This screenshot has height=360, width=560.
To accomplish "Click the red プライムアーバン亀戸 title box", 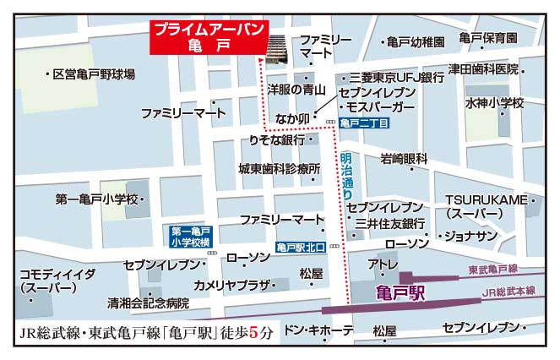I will tap(209, 38).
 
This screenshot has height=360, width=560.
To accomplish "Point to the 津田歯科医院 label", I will tap(484, 68).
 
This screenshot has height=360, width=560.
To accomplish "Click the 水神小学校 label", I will tap(494, 103).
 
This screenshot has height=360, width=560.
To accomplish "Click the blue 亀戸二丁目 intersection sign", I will tap(366, 124).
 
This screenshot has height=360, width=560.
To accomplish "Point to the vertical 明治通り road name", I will tap(346, 175).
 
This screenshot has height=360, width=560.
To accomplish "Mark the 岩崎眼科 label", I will tap(404, 158).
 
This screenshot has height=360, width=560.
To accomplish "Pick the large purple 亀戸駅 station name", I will tap(398, 293).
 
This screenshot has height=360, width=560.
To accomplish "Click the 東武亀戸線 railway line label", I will tap(492, 270).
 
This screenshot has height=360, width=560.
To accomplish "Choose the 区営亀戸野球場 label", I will tap(93, 74).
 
